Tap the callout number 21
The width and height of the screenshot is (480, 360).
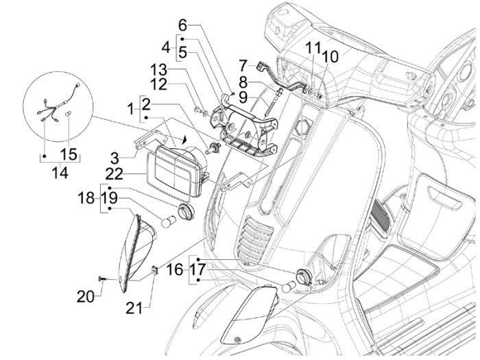tap(136, 308)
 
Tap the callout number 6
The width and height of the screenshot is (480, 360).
tap(182, 25)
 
